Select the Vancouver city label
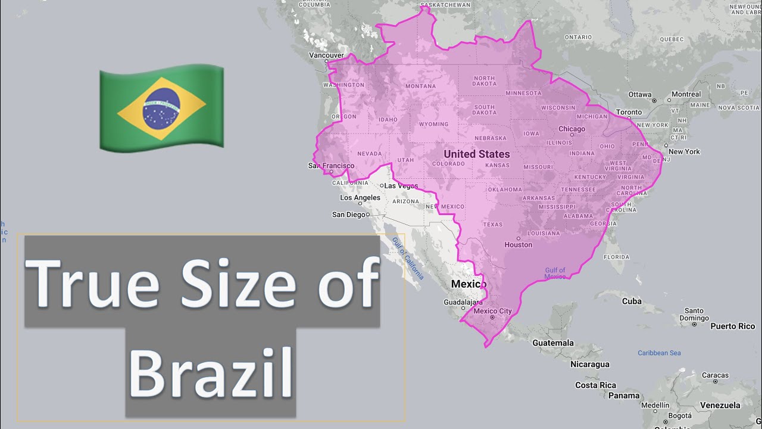(326, 55)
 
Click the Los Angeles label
(360, 198)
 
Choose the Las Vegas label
(401, 186)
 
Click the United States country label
(476, 154)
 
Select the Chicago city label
(571, 129)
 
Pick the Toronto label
(629, 112)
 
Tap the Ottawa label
(639, 94)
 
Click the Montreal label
(686, 94)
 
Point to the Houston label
(518, 245)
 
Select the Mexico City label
(492, 311)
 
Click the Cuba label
(632, 301)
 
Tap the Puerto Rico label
(732, 326)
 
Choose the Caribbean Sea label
(659, 353)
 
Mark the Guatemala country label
(553, 343)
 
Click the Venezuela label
(720, 405)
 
